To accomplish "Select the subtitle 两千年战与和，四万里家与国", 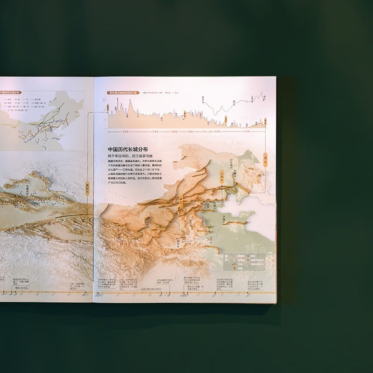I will (x=131, y=156).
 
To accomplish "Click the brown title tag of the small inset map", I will (x=9, y=92).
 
